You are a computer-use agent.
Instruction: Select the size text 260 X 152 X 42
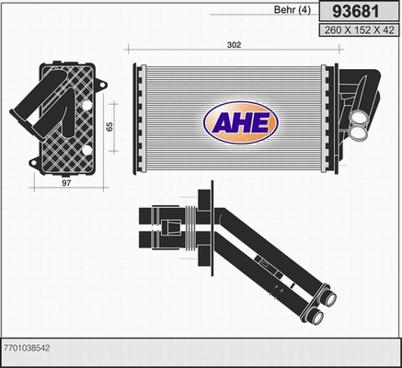[x=357, y=30]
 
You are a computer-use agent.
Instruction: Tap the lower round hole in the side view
[x=86, y=150]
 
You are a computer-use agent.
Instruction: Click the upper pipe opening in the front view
[x=358, y=118]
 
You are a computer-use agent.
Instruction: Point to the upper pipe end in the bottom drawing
[x=328, y=300]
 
